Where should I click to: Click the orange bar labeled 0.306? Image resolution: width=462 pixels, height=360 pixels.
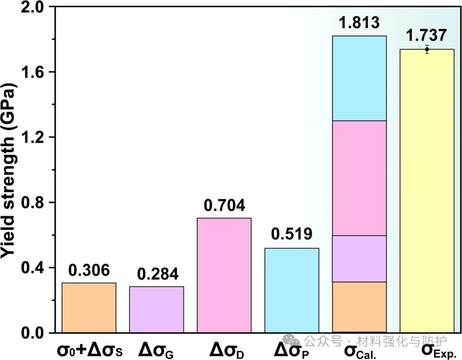[x=89, y=307]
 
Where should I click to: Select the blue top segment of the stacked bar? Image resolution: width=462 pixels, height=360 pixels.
[x=359, y=78]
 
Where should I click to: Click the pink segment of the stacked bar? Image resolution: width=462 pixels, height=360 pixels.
[x=359, y=178]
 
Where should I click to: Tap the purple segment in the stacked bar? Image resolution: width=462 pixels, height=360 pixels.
[x=359, y=259]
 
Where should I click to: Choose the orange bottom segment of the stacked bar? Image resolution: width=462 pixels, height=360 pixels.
[x=359, y=307]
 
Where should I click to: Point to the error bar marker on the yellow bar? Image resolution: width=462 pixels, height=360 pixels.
[x=427, y=49]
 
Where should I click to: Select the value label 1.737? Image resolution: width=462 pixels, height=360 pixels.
[x=426, y=35]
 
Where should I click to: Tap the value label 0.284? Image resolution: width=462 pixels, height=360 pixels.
[x=157, y=274]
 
